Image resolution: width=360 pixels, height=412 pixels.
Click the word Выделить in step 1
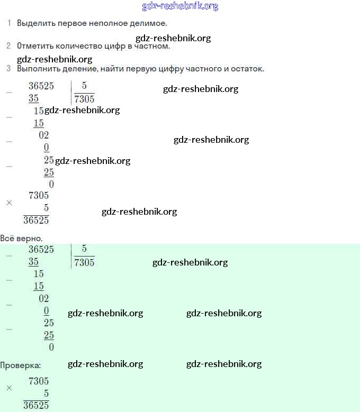[x=34, y=23]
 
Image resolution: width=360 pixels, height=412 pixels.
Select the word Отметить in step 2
[x=34, y=46]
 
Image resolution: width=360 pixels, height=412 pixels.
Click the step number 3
[x=8, y=69]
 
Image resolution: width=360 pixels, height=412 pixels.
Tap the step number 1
[x=8, y=23]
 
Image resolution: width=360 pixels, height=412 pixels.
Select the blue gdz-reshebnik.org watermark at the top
[x=180, y=6]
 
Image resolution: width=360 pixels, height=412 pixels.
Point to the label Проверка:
[x=20, y=365]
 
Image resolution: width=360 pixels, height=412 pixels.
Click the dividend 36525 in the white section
[x=41, y=86]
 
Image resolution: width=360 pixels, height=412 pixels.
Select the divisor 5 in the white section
[x=84, y=86]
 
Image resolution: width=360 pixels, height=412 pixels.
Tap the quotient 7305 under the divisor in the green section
[x=85, y=262]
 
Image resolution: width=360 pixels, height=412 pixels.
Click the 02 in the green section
[x=44, y=298]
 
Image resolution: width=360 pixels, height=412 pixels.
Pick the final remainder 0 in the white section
[x=51, y=185]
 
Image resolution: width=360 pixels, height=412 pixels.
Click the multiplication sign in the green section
[x=9, y=388]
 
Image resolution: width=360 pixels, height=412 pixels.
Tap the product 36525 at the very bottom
[x=36, y=406]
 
